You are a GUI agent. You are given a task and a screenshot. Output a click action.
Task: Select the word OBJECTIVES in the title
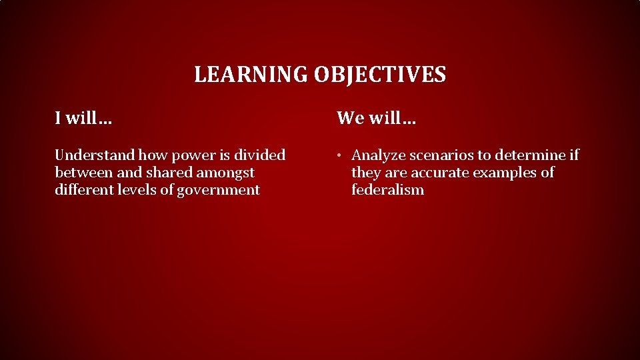pos(380,75)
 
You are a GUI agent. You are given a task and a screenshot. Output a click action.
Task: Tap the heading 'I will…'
pos(83,119)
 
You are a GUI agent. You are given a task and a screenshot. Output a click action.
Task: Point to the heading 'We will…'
pos(376,119)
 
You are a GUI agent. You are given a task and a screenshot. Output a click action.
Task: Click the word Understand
pos(94,155)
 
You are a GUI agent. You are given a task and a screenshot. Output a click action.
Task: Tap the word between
pos(81,173)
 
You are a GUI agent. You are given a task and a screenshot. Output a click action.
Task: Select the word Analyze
pos(378,155)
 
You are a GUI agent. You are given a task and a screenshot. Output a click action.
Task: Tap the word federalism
pos(387,190)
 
